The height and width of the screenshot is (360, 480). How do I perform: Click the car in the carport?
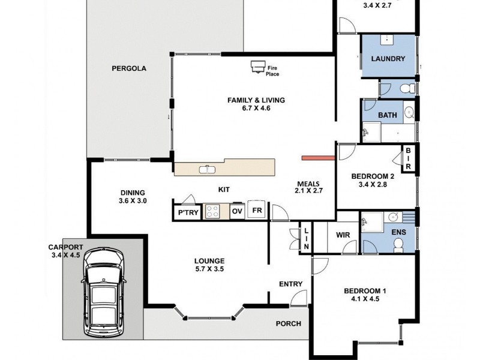[x=104, y=292]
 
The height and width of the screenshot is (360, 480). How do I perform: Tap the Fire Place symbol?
[x=257, y=67]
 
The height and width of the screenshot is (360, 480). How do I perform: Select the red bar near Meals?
[x=318, y=158]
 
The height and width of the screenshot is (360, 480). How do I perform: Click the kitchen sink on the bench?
[x=207, y=169]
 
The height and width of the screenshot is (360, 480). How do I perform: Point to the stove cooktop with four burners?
[x=212, y=211]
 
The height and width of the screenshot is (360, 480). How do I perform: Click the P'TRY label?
[x=188, y=212]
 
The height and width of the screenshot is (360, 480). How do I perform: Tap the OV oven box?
[x=237, y=211]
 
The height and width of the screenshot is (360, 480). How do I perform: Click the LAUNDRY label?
[x=388, y=58]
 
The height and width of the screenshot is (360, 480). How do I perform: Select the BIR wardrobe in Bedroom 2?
[x=408, y=158]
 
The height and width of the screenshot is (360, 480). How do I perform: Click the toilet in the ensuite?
[x=398, y=245]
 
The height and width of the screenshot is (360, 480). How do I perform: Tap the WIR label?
[x=343, y=235]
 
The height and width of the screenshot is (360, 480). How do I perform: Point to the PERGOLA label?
[x=129, y=68]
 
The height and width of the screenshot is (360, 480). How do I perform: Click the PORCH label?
[x=289, y=323]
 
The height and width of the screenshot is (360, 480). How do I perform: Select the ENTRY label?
[x=290, y=284]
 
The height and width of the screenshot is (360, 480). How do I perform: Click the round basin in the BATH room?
[x=409, y=113]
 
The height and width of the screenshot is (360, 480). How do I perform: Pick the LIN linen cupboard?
[x=306, y=237]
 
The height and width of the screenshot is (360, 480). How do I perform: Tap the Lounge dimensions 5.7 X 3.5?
[x=209, y=269]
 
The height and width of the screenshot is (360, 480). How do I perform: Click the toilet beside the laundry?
[x=407, y=88]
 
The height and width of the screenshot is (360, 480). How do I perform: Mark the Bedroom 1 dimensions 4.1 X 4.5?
[x=365, y=299]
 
